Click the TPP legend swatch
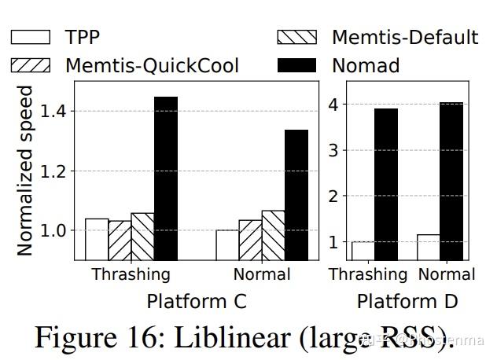click(31, 37)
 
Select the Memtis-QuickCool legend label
click(152, 65)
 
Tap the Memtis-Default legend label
click(404, 37)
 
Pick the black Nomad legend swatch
click(297, 65)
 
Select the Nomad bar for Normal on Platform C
click(296, 194)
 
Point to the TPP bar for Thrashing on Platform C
click(97, 239)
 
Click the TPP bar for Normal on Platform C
click(227, 244)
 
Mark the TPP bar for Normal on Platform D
click(429, 247)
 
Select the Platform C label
click(196, 301)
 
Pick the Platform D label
click(407, 301)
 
